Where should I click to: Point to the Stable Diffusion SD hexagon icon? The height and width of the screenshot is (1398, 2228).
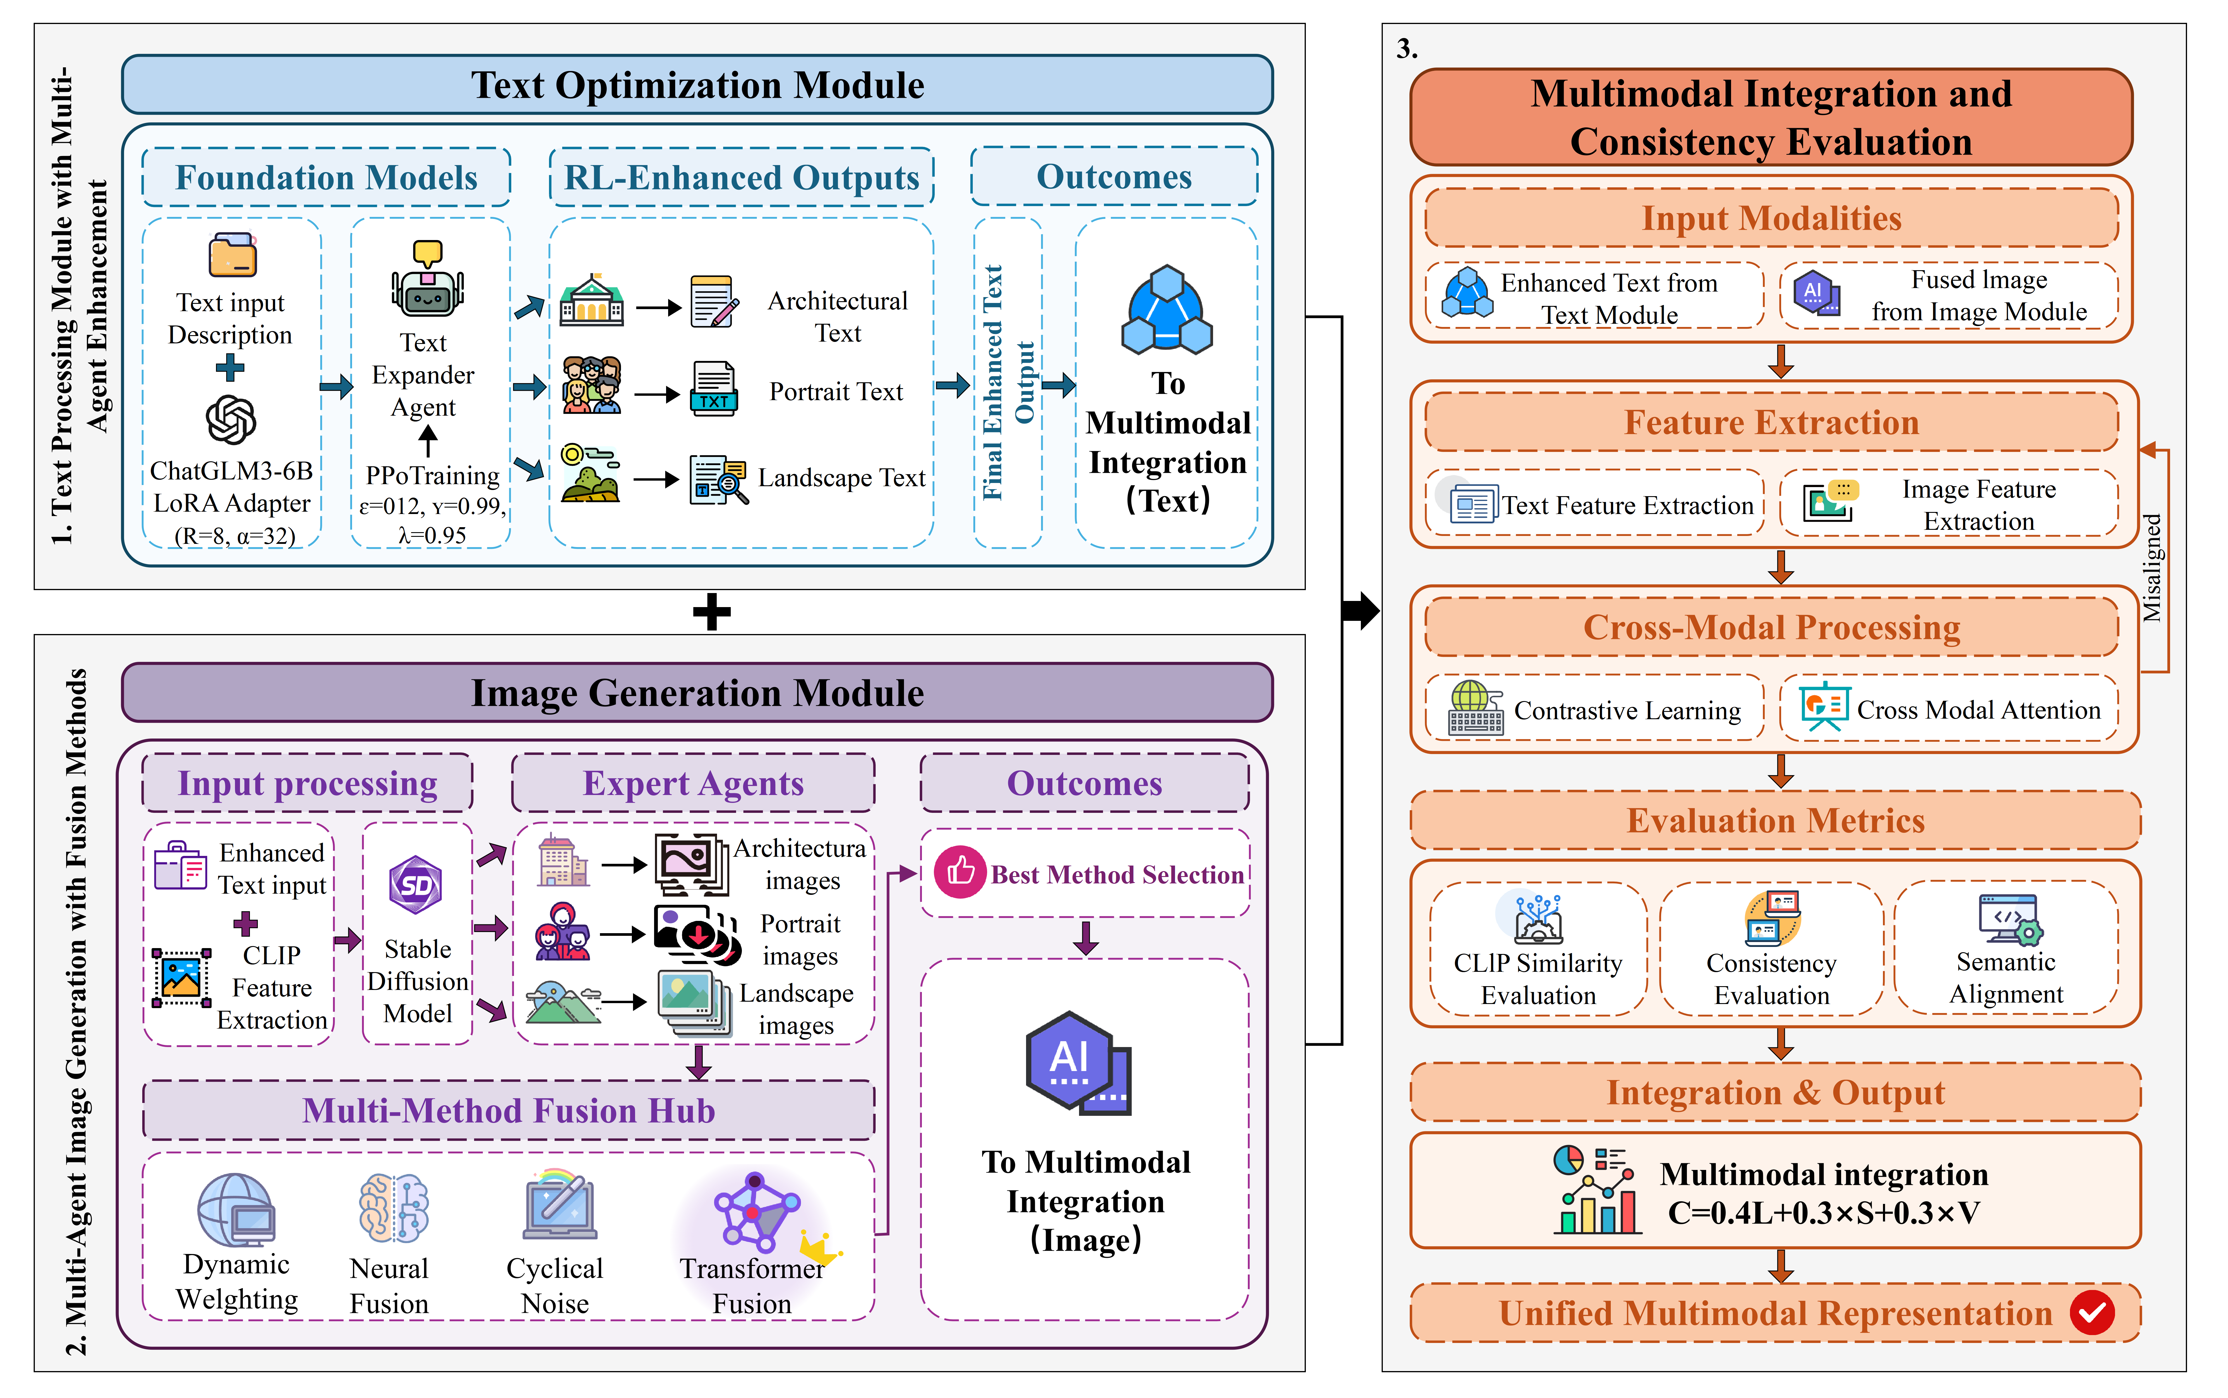[416, 885]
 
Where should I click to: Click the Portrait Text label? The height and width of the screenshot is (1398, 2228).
[836, 392]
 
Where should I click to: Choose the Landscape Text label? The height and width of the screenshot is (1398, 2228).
[841, 478]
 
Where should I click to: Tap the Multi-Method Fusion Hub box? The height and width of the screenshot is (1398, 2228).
[508, 1111]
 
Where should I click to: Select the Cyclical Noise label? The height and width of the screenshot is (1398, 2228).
[555, 1285]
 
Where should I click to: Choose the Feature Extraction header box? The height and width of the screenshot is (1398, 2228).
[1771, 423]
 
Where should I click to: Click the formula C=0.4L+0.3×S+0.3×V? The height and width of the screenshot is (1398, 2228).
[1823, 1212]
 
